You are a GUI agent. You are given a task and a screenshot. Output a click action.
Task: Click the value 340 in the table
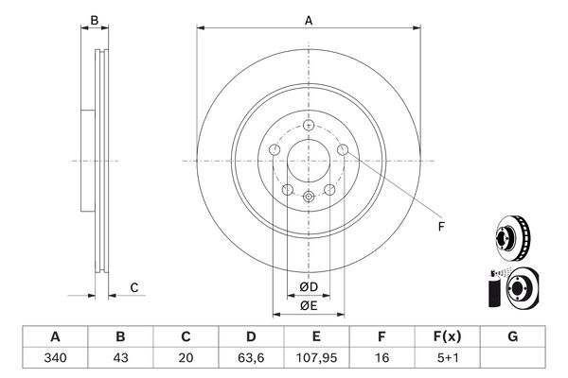point(55,358)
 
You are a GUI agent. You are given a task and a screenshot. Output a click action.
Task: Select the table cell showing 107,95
point(316,358)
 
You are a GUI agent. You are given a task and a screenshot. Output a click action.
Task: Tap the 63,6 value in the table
point(251,358)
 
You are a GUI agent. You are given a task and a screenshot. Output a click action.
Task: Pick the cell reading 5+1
point(448,358)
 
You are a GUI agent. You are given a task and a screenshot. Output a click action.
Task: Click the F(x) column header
point(448,336)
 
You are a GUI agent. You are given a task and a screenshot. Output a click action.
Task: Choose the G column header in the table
point(512,336)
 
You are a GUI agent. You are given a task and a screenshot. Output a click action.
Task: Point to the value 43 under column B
point(120,358)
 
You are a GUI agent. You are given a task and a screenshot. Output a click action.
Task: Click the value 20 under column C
point(186,358)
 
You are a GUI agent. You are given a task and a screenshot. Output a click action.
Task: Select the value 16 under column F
point(382,358)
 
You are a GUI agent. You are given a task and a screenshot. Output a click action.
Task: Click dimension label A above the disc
point(309,21)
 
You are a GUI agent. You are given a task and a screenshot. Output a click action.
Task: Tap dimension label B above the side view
point(94,20)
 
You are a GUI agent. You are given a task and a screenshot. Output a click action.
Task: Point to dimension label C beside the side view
point(134,287)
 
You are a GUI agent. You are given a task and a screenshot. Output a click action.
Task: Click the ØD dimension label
point(309,287)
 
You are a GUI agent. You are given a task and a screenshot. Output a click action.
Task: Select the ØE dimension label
point(309,305)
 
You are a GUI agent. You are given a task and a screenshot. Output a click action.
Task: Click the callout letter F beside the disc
point(441,227)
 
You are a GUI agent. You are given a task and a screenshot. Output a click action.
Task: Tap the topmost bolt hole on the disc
point(309,125)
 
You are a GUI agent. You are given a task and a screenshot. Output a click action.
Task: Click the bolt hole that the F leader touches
point(343,149)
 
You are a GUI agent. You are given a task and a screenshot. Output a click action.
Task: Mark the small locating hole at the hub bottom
point(309,197)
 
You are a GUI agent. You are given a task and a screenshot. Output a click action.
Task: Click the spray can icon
point(494,289)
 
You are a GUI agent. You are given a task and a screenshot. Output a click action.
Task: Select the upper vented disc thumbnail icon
point(512,237)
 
